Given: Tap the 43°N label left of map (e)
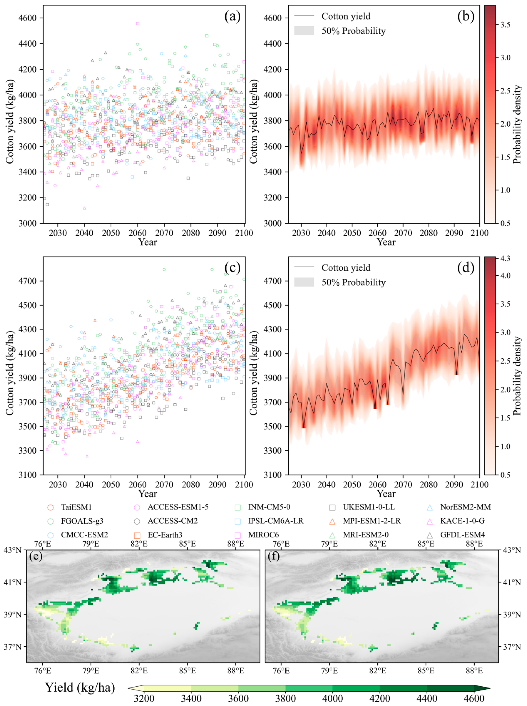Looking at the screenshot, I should [13, 550].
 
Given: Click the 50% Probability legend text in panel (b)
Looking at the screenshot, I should [353, 31].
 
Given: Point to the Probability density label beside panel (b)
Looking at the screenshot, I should [517, 125].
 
